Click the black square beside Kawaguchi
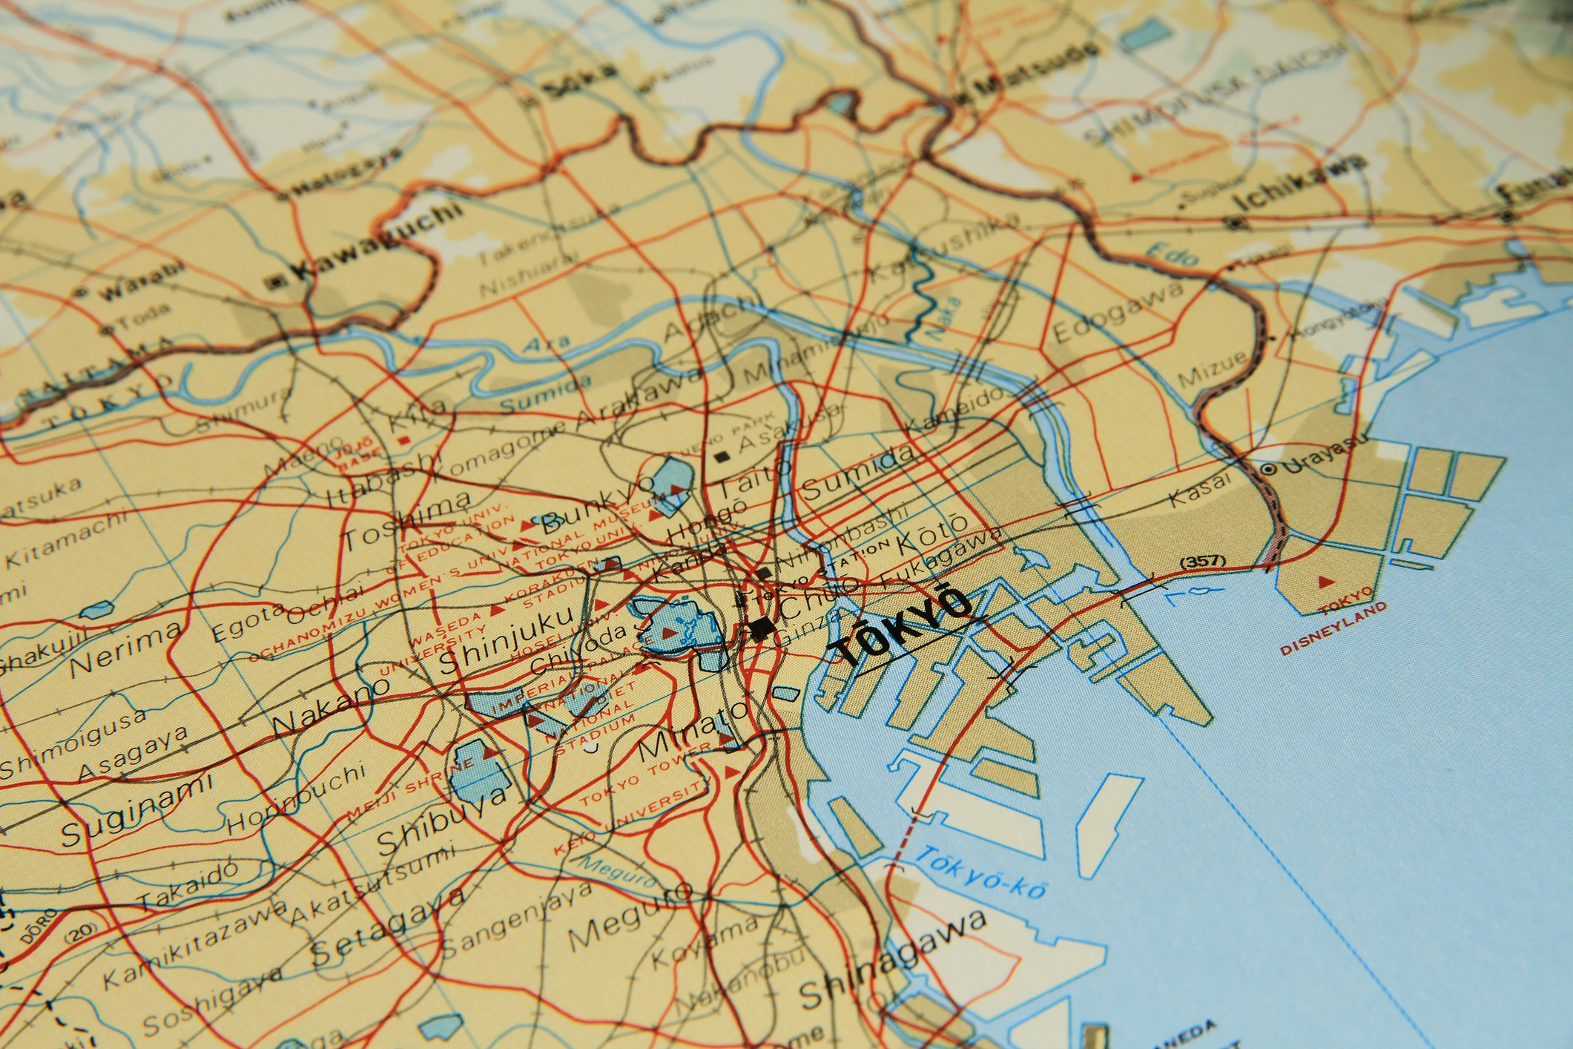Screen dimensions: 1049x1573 (277, 281)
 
